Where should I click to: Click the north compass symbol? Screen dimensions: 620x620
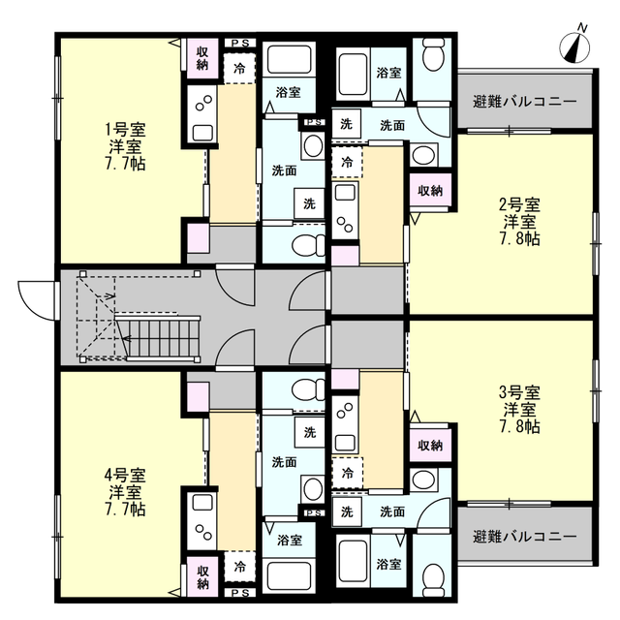coord(574,47)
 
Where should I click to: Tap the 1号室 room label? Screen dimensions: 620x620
coord(125,129)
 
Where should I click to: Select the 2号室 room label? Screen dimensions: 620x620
coord(519,204)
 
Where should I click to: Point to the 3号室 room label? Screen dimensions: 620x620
coord(519,392)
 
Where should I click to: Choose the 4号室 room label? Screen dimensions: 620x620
coord(125,475)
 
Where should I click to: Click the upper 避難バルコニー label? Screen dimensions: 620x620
coord(525,102)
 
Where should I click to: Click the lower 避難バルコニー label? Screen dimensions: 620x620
coord(525,537)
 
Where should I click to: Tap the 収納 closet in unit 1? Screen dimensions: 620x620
coord(202,58)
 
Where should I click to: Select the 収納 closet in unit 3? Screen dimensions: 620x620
coord(430,446)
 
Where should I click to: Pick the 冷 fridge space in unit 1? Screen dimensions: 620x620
coord(239,69)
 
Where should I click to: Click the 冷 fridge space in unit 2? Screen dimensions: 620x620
coord(347,162)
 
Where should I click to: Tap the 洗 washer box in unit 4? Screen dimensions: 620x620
coord(310,432)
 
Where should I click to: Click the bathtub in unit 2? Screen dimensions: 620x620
coord(353,74)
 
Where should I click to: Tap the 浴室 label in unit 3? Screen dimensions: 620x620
coord(388,564)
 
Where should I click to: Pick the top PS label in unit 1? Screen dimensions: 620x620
coord(240,44)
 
